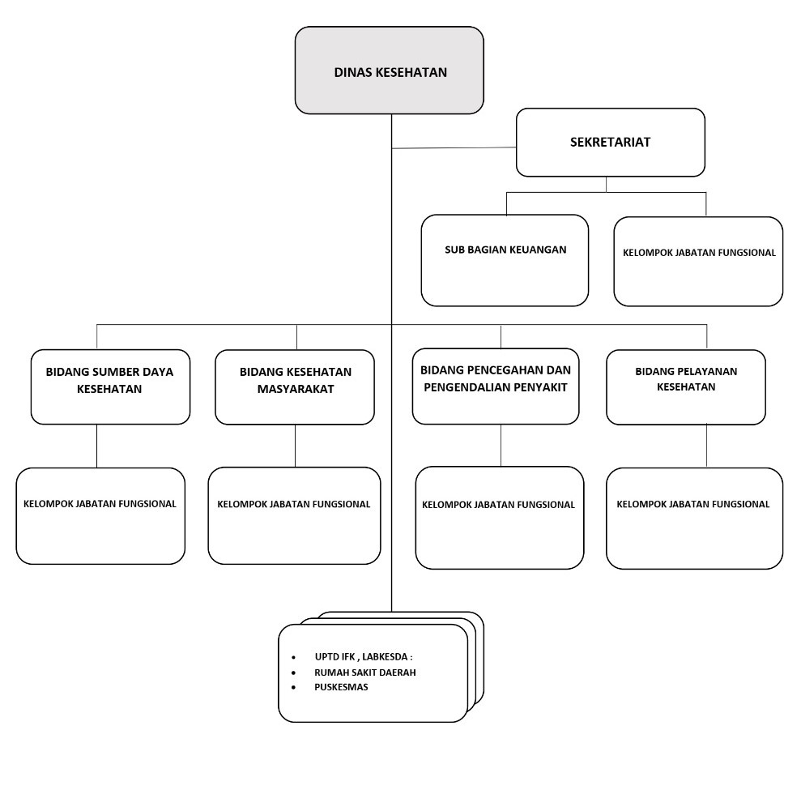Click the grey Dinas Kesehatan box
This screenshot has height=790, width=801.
390,70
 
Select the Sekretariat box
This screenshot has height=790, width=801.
610,143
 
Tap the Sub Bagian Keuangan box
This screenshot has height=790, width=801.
505,260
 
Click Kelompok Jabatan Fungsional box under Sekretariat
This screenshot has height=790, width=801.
698,261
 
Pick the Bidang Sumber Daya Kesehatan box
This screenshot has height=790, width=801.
110,386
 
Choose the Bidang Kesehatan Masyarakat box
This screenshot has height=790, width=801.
295,386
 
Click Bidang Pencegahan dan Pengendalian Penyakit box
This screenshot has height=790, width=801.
496,386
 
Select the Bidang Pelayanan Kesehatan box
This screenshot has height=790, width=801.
685,386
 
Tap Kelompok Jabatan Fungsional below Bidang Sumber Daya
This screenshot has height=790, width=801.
100,515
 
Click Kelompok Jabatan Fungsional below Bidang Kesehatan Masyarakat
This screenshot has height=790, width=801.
294,515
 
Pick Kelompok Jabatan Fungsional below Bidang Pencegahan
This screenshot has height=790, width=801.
499,517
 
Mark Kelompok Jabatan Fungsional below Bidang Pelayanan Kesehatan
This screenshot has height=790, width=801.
694,518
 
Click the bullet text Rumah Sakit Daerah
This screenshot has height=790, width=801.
365,673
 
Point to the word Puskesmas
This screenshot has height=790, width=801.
341,687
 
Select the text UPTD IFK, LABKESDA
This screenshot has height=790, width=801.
369,657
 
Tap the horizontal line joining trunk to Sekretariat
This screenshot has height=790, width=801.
454,148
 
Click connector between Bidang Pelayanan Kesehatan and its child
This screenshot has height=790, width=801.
706,446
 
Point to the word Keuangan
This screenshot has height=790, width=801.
539,250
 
